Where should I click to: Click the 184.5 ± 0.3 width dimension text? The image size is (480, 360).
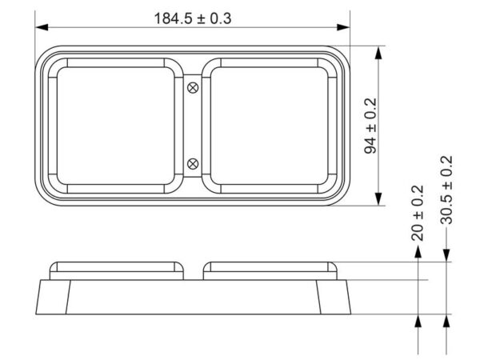coord(193,18)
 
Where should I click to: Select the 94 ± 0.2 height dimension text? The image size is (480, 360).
coord(370,126)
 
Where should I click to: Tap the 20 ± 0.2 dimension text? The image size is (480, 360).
coord(418,213)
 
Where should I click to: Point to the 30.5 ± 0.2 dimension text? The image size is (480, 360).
coord(446,190)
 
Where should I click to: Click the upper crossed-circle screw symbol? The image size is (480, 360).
coord(193,88)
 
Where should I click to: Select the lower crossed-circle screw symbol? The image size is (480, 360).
coord(193,164)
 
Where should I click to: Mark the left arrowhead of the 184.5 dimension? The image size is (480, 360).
coord(42,27)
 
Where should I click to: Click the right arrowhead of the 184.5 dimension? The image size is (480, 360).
coord(343,27)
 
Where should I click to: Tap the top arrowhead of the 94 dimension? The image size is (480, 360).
coord(379,53)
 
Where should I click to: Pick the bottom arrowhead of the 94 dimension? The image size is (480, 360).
coord(379,199)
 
